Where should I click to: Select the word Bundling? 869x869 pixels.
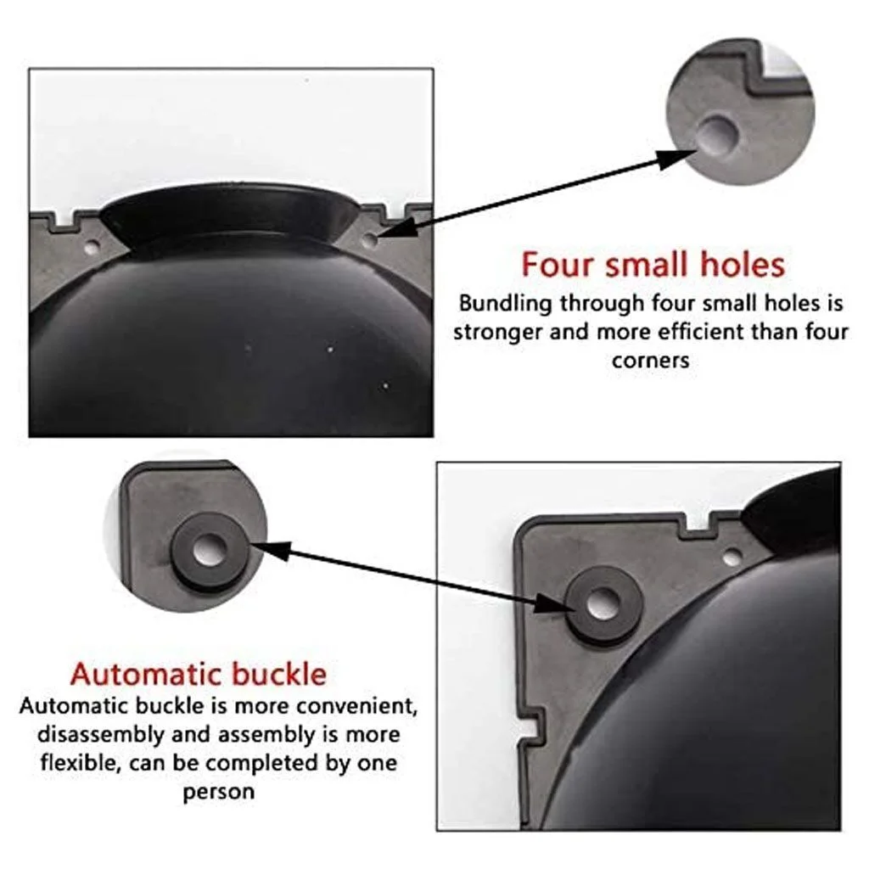point(506,303)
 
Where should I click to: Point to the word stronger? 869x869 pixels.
point(496,331)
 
